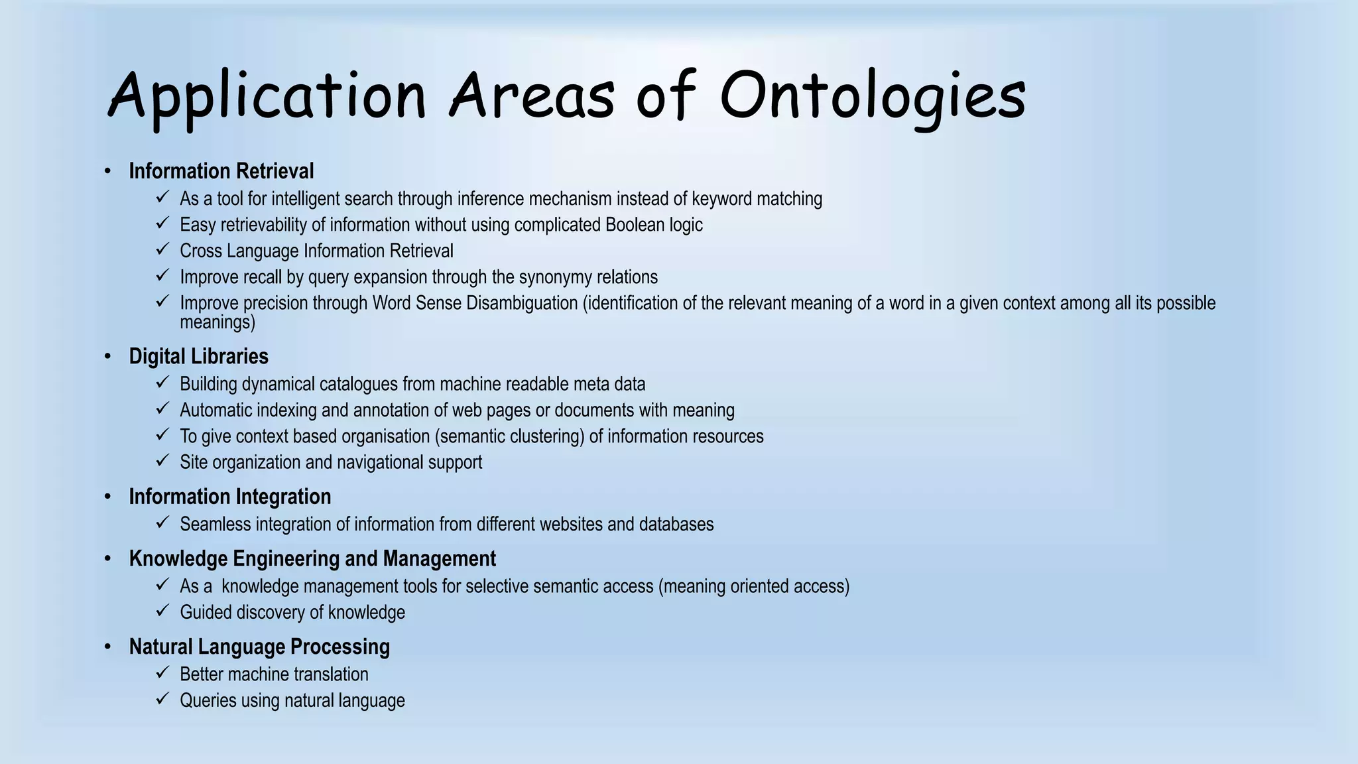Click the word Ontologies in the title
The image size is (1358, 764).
(872, 96)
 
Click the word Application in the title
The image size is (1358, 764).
(265, 96)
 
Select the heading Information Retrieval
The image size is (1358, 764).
(221, 171)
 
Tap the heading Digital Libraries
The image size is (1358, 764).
(198, 356)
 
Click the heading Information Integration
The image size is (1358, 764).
(229, 497)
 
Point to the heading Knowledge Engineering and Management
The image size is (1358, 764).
(312, 558)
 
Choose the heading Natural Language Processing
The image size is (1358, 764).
(259, 647)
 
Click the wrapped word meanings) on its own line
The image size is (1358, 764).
(217, 323)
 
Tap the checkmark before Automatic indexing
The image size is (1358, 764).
(162, 408)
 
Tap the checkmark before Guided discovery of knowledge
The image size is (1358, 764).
(162, 610)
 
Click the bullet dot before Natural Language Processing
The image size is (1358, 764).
(107, 647)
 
